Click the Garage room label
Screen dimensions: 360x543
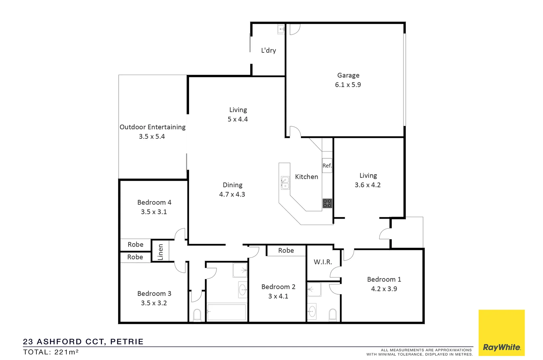(x=348, y=75)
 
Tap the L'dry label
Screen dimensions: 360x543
(x=268, y=50)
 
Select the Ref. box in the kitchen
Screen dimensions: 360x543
(x=327, y=166)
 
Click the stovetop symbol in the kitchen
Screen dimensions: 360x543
(x=327, y=203)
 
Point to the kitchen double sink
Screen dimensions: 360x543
(x=285, y=183)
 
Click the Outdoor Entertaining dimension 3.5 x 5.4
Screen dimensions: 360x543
(x=152, y=136)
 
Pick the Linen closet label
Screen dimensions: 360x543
(x=161, y=252)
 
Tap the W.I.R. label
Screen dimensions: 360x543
(x=323, y=262)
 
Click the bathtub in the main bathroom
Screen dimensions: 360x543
(x=227, y=312)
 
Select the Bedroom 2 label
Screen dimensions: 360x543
(x=278, y=287)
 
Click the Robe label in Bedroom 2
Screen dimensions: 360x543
(x=286, y=250)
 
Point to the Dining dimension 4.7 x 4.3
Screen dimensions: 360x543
(x=232, y=194)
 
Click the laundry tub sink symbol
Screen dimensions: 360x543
(x=281, y=29)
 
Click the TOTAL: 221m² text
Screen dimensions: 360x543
(x=51, y=352)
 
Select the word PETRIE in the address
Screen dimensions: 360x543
(x=127, y=342)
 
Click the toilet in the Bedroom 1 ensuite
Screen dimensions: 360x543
(x=333, y=314)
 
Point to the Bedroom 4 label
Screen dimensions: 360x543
(x=154, y=202)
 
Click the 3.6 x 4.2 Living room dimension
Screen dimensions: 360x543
(x=368, y=185)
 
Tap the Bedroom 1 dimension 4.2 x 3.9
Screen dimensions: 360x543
(x=384, y=289)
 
